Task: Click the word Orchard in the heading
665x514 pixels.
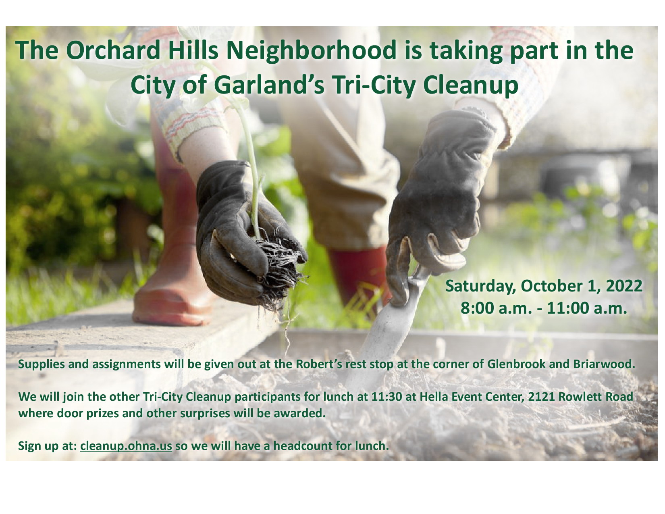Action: [113, 50]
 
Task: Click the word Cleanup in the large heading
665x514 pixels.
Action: [471, 87]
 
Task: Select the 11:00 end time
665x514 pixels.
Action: [568, 308]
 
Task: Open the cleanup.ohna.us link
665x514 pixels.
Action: [126, 446]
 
